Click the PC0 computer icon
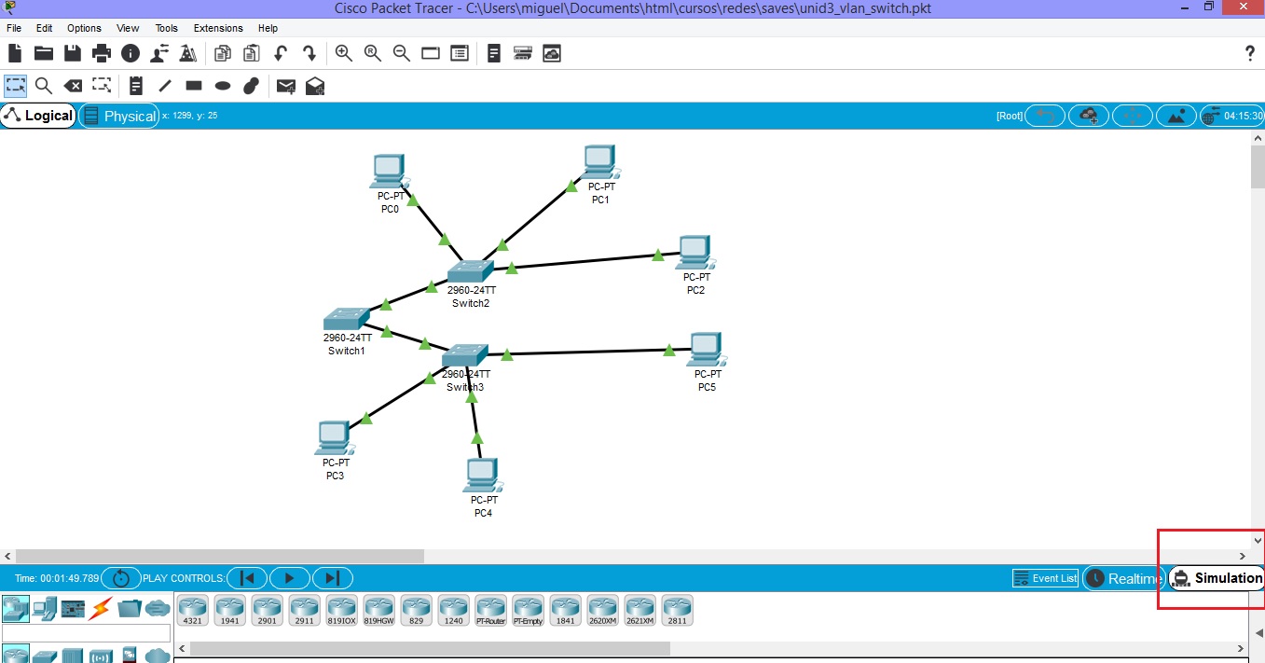pos(387,171)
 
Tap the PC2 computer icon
pos(694,253)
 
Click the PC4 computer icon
pos(481,475)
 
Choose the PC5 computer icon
pos(706,350)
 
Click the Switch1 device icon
pos(346,319)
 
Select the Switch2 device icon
pos(469,271)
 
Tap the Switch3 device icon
pos(464,355)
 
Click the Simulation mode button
pos(1217,578)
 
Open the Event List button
pos(1045,578)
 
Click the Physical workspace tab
pos(119,116)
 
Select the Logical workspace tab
pos(38,116)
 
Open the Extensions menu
pos(218,28)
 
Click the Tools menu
pos(166,28)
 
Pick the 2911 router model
pos(304,610)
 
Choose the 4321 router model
pos(192,610)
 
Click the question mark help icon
pos(1250,54)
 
